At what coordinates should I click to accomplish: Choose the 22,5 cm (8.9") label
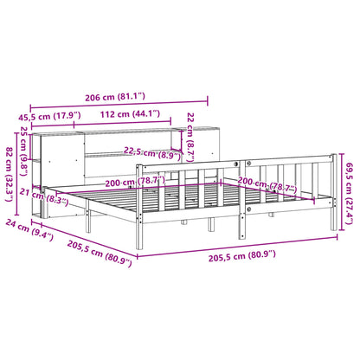click(x=156, y=151)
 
